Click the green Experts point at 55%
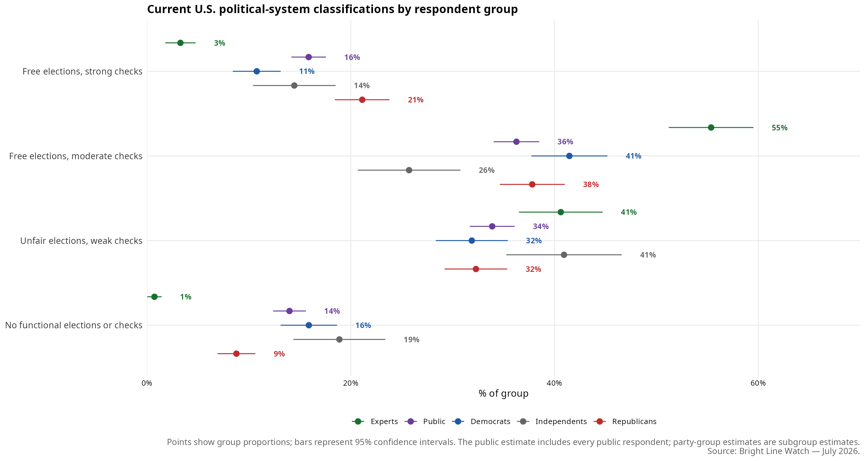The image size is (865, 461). [711, 127]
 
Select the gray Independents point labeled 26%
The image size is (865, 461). [409, 170]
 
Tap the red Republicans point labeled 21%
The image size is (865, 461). [362, 100]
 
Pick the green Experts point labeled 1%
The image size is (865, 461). [154, 297]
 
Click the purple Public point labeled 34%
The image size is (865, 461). [492, 226]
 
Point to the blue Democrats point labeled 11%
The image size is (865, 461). [257, 71]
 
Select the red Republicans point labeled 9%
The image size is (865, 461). [236, 354]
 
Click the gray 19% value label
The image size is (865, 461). [411, 340]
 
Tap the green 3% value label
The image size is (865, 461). [220, 43]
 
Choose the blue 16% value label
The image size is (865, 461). [363, 325]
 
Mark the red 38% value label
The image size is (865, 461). [591, 185]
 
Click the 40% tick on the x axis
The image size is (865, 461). [554, 383]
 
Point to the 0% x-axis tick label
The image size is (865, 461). [147, 383]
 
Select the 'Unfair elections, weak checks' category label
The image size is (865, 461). [81, 241]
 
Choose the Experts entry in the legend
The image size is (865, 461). [375, 421]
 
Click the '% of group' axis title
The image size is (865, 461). [503, 393]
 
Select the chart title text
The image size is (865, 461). [332, 9]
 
